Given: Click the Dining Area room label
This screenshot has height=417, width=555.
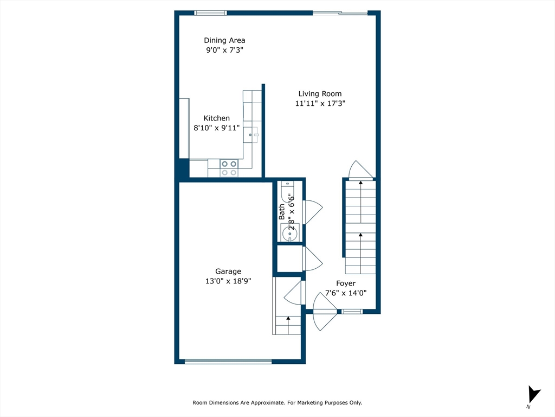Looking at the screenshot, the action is tap(224, 40).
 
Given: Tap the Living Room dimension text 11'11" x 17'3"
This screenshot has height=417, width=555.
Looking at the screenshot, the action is tap(320, 104).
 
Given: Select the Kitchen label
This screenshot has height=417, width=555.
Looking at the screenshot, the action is tap(217, 118).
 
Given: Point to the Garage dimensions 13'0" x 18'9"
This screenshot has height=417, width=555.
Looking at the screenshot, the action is tap(228, 281).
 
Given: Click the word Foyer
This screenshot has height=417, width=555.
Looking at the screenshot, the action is tap(346, 283).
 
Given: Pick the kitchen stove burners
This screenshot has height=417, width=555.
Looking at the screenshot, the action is tap(229, 168).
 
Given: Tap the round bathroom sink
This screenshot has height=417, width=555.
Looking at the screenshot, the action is tap(290, 233).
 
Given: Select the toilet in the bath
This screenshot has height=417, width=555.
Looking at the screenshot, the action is tap(288, 192).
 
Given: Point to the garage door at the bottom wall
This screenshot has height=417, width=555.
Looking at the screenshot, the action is tap(228, 361).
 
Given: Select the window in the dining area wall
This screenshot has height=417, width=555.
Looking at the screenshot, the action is tap(211, 13).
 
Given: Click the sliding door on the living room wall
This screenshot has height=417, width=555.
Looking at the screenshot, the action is tap(340, 14).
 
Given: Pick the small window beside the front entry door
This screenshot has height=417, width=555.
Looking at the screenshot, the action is tap(352, 312).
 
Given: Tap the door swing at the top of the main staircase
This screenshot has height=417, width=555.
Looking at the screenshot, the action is tap(360, 170).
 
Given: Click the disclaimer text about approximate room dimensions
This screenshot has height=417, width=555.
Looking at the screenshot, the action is tap(277, 402).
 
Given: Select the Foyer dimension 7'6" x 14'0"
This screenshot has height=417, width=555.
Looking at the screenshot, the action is tap(346, 293).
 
